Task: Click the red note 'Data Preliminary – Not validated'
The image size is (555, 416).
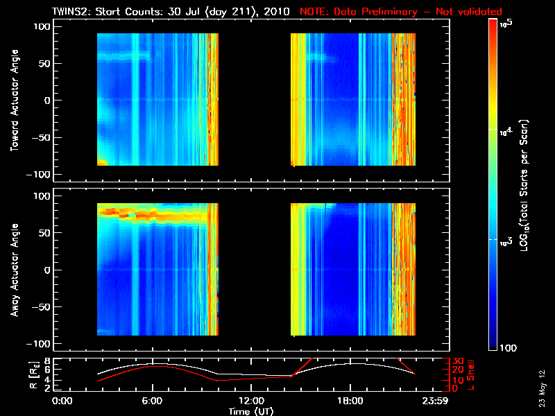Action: point(400,12)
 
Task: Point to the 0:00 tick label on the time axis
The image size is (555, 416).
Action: point(62,401)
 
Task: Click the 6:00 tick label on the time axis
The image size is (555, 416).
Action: point(152,401)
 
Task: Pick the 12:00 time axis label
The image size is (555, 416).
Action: point(251,401)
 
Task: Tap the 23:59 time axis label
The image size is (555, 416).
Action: point(436,401)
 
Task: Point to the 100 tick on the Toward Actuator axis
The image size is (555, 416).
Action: point(43,26)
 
